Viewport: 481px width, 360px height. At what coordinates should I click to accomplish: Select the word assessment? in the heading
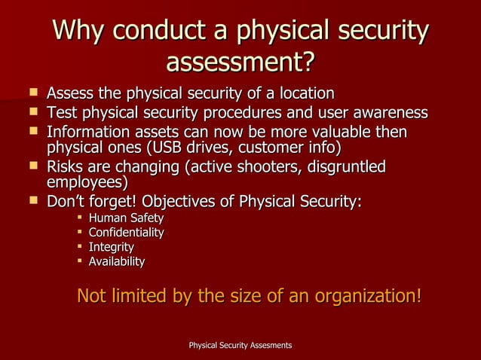240,63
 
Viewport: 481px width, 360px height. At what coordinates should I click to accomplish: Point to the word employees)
87,182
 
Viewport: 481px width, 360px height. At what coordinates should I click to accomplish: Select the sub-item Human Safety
126,218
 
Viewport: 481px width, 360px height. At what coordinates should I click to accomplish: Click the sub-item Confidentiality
126,233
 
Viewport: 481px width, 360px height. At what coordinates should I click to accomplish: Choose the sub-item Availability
117,261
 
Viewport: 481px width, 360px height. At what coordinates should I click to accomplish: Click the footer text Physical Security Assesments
240,345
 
